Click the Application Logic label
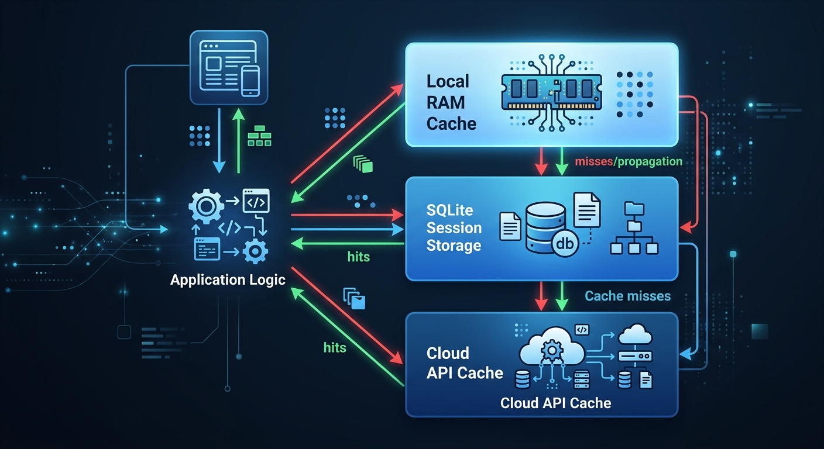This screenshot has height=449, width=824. coord(228,279)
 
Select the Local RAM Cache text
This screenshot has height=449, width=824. coord(451,102)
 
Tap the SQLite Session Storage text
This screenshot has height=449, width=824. coord(454,227)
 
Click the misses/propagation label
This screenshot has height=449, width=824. coord(629,161)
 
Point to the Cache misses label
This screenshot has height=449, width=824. coord(627,296)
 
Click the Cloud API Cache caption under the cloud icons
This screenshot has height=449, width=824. coord(555,403)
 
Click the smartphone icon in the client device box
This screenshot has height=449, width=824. coord(250,80)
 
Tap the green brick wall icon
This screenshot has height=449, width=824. coord(260,136)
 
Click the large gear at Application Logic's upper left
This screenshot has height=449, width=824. coord(206,206)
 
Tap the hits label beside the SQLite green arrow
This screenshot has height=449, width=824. coord(358,257)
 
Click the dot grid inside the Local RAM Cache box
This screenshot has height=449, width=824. coord(636,94)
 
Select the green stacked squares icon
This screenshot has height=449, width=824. coord(363,164)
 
